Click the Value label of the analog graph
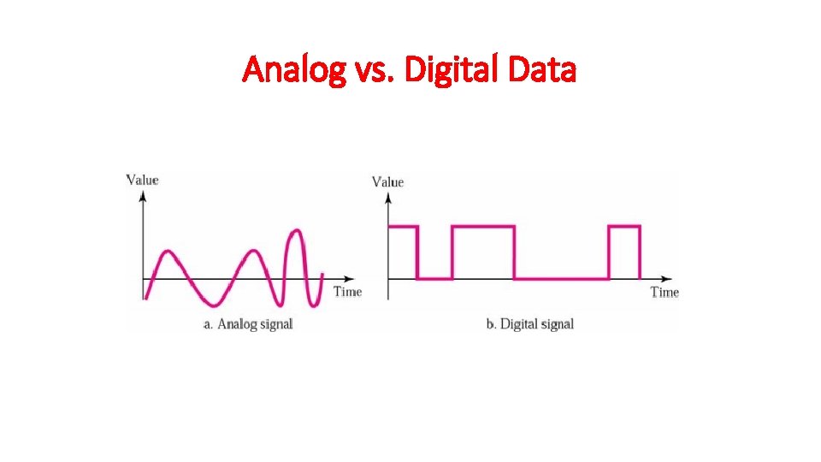(142, 179)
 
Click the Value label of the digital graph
(387, 181)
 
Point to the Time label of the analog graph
(347, 292)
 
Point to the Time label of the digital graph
(664, 293)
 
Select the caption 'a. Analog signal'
(248, 324)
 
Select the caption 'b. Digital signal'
(530, 324)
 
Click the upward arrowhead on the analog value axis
(143, 195)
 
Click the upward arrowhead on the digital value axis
(388, 198)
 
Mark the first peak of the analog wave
(167, 252)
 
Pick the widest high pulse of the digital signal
(483, 227)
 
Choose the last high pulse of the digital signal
(624, 227)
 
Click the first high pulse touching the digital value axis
(403, 227)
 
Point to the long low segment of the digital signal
(561, 278)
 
